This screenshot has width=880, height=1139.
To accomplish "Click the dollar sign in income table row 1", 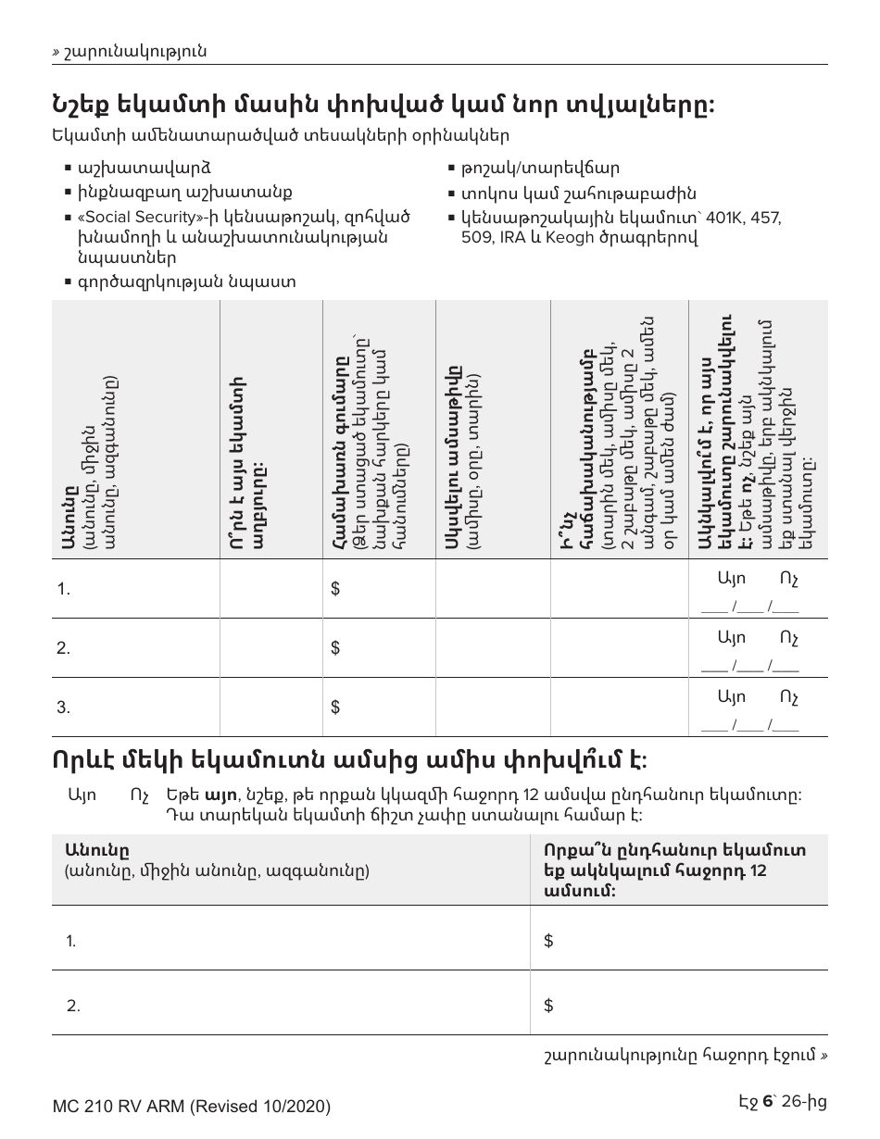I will pos(335,589).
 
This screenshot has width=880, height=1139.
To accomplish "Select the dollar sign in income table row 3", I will pos(335,707).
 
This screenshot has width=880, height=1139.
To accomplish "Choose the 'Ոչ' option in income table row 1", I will pos(788,579).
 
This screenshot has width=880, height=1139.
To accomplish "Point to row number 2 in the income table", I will pos(63,648).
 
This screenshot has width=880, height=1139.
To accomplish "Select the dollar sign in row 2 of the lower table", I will pos(548,1005).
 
